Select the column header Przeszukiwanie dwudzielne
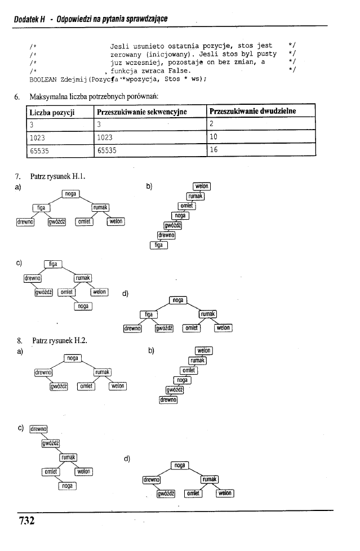click(252, 112)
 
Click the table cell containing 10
click(214, 137)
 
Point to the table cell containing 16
click(214, 149)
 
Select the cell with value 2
click(212, 125)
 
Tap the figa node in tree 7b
click(159, 244)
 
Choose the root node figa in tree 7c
click(53, 264)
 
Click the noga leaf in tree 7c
click(83, 306)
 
